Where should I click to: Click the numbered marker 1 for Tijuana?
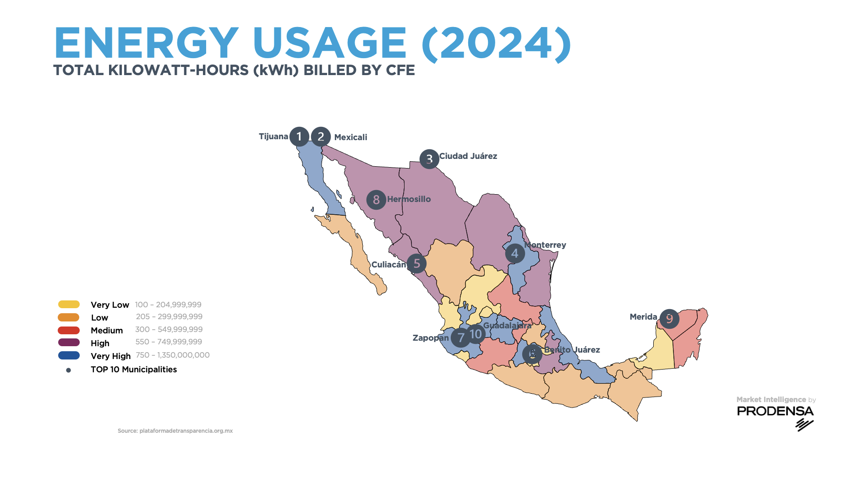click(x=299, y=136)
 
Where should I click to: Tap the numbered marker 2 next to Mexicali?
click(x=321, y=136)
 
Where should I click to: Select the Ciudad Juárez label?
click(x=468, y=156)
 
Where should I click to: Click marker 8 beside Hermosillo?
click(x=376, y=200)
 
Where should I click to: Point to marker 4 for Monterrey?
click(x=515, y=253)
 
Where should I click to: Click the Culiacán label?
click(x=388, y=265)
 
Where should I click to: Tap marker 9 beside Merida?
click(x=669, y=319)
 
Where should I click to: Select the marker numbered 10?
click(x=476, y=334)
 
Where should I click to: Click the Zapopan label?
click(x=430, y=338)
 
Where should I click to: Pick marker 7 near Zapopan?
click(x=460, y=338)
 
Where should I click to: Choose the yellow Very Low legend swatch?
click(x=69, y=305)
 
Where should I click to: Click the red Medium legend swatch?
click(x=69, y=330)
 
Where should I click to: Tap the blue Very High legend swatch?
click(x=69, y=355)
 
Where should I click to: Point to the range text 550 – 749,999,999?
click(x=169, y=342)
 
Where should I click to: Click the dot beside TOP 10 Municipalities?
click(x=69, y=370)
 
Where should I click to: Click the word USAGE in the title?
click(x=329, y=44)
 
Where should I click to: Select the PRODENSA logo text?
click(x=775, y=411)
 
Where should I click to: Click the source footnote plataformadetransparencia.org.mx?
click(x=175, y=431)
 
